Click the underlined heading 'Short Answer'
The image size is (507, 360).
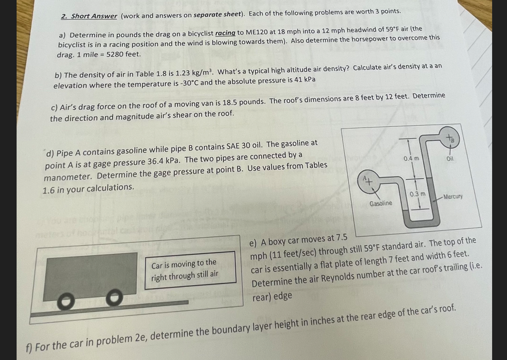[94, 15]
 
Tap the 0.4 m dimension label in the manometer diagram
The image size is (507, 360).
[411, 158]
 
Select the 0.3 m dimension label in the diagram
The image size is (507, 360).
[417, 195]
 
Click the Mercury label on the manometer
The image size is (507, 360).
[451, 197]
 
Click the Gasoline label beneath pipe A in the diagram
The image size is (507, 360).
[381, 203]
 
